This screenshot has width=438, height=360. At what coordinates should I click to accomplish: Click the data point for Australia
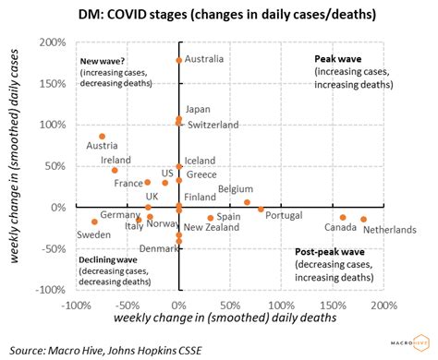coord(179,60)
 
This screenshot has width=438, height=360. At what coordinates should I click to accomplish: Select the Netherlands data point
coord(364,219)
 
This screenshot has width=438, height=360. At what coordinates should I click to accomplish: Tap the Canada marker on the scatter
coord(343,218)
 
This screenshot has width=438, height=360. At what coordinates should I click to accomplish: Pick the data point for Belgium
coord(247,202)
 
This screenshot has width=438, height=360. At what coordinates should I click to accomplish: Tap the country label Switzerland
coord(213,124)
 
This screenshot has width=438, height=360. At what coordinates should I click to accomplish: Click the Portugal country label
coord(284,215)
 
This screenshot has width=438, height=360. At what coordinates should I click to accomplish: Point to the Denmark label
coord(158,248)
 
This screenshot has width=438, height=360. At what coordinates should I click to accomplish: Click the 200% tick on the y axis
coord(50,42)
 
